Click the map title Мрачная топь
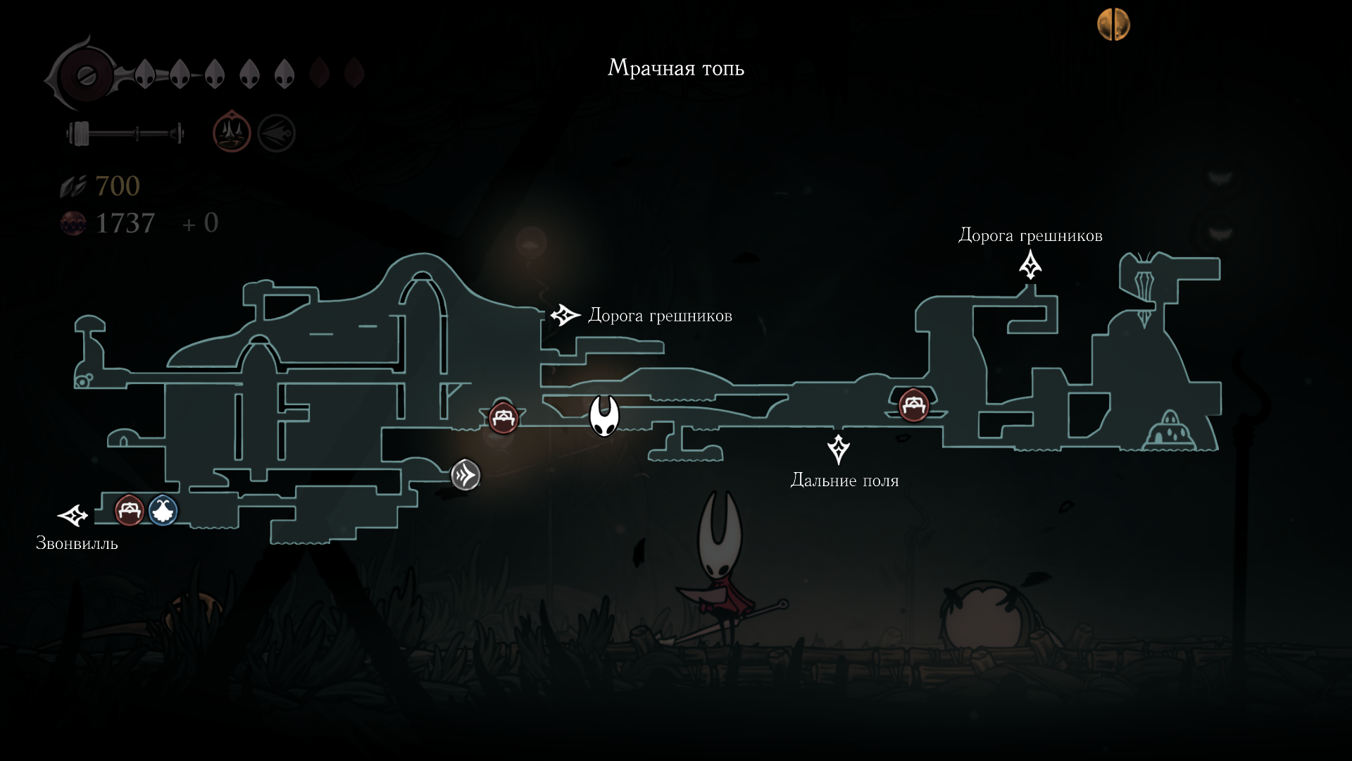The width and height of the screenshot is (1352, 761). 675,68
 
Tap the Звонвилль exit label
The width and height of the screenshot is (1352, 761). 77,543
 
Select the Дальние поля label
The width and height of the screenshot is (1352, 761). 844,481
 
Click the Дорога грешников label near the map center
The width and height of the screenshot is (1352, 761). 660,316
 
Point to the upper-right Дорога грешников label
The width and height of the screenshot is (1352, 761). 1030,235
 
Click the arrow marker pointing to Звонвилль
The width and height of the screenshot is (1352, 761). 73,516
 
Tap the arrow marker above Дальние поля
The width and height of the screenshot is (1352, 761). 838,450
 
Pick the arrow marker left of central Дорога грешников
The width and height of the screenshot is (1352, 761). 565,315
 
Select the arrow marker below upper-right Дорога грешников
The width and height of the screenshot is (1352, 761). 1030,266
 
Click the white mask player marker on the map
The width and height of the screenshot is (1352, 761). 604,416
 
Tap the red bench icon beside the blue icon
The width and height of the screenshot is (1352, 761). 130,510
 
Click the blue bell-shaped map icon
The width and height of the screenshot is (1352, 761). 163,510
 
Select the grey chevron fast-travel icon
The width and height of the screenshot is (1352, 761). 465,476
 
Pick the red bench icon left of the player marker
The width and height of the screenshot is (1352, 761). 503,419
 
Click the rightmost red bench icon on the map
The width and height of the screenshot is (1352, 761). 913,406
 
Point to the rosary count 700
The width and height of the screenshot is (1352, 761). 117,186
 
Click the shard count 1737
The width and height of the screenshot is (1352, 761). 125,223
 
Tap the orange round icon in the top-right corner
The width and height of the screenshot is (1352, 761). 1113,25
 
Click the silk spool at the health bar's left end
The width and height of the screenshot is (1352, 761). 85,75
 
